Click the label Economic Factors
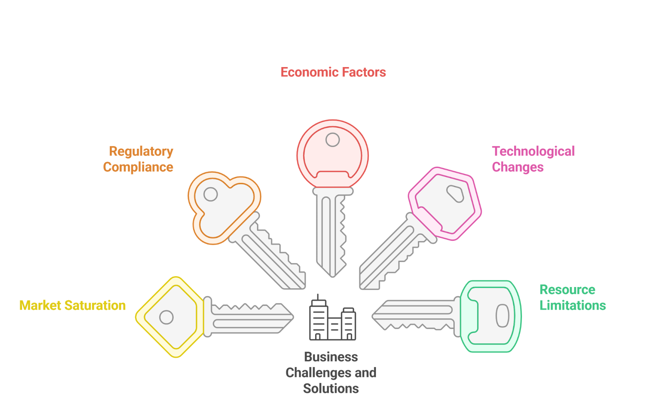click(333, 72)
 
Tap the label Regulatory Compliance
click(139, 159)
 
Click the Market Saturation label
click(72, 306)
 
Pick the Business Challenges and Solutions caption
click(331, 372)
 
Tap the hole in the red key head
click(333, 140)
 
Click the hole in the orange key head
click(211, 194)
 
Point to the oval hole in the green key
click(502, 315)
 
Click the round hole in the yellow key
click(166, 317)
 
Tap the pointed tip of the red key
click(332, 275)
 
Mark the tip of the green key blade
click(373, 316)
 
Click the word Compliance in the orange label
click(138, 167)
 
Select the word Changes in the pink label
click(517, 167)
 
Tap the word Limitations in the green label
click(572, 306)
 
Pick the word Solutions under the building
click(331, 389)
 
